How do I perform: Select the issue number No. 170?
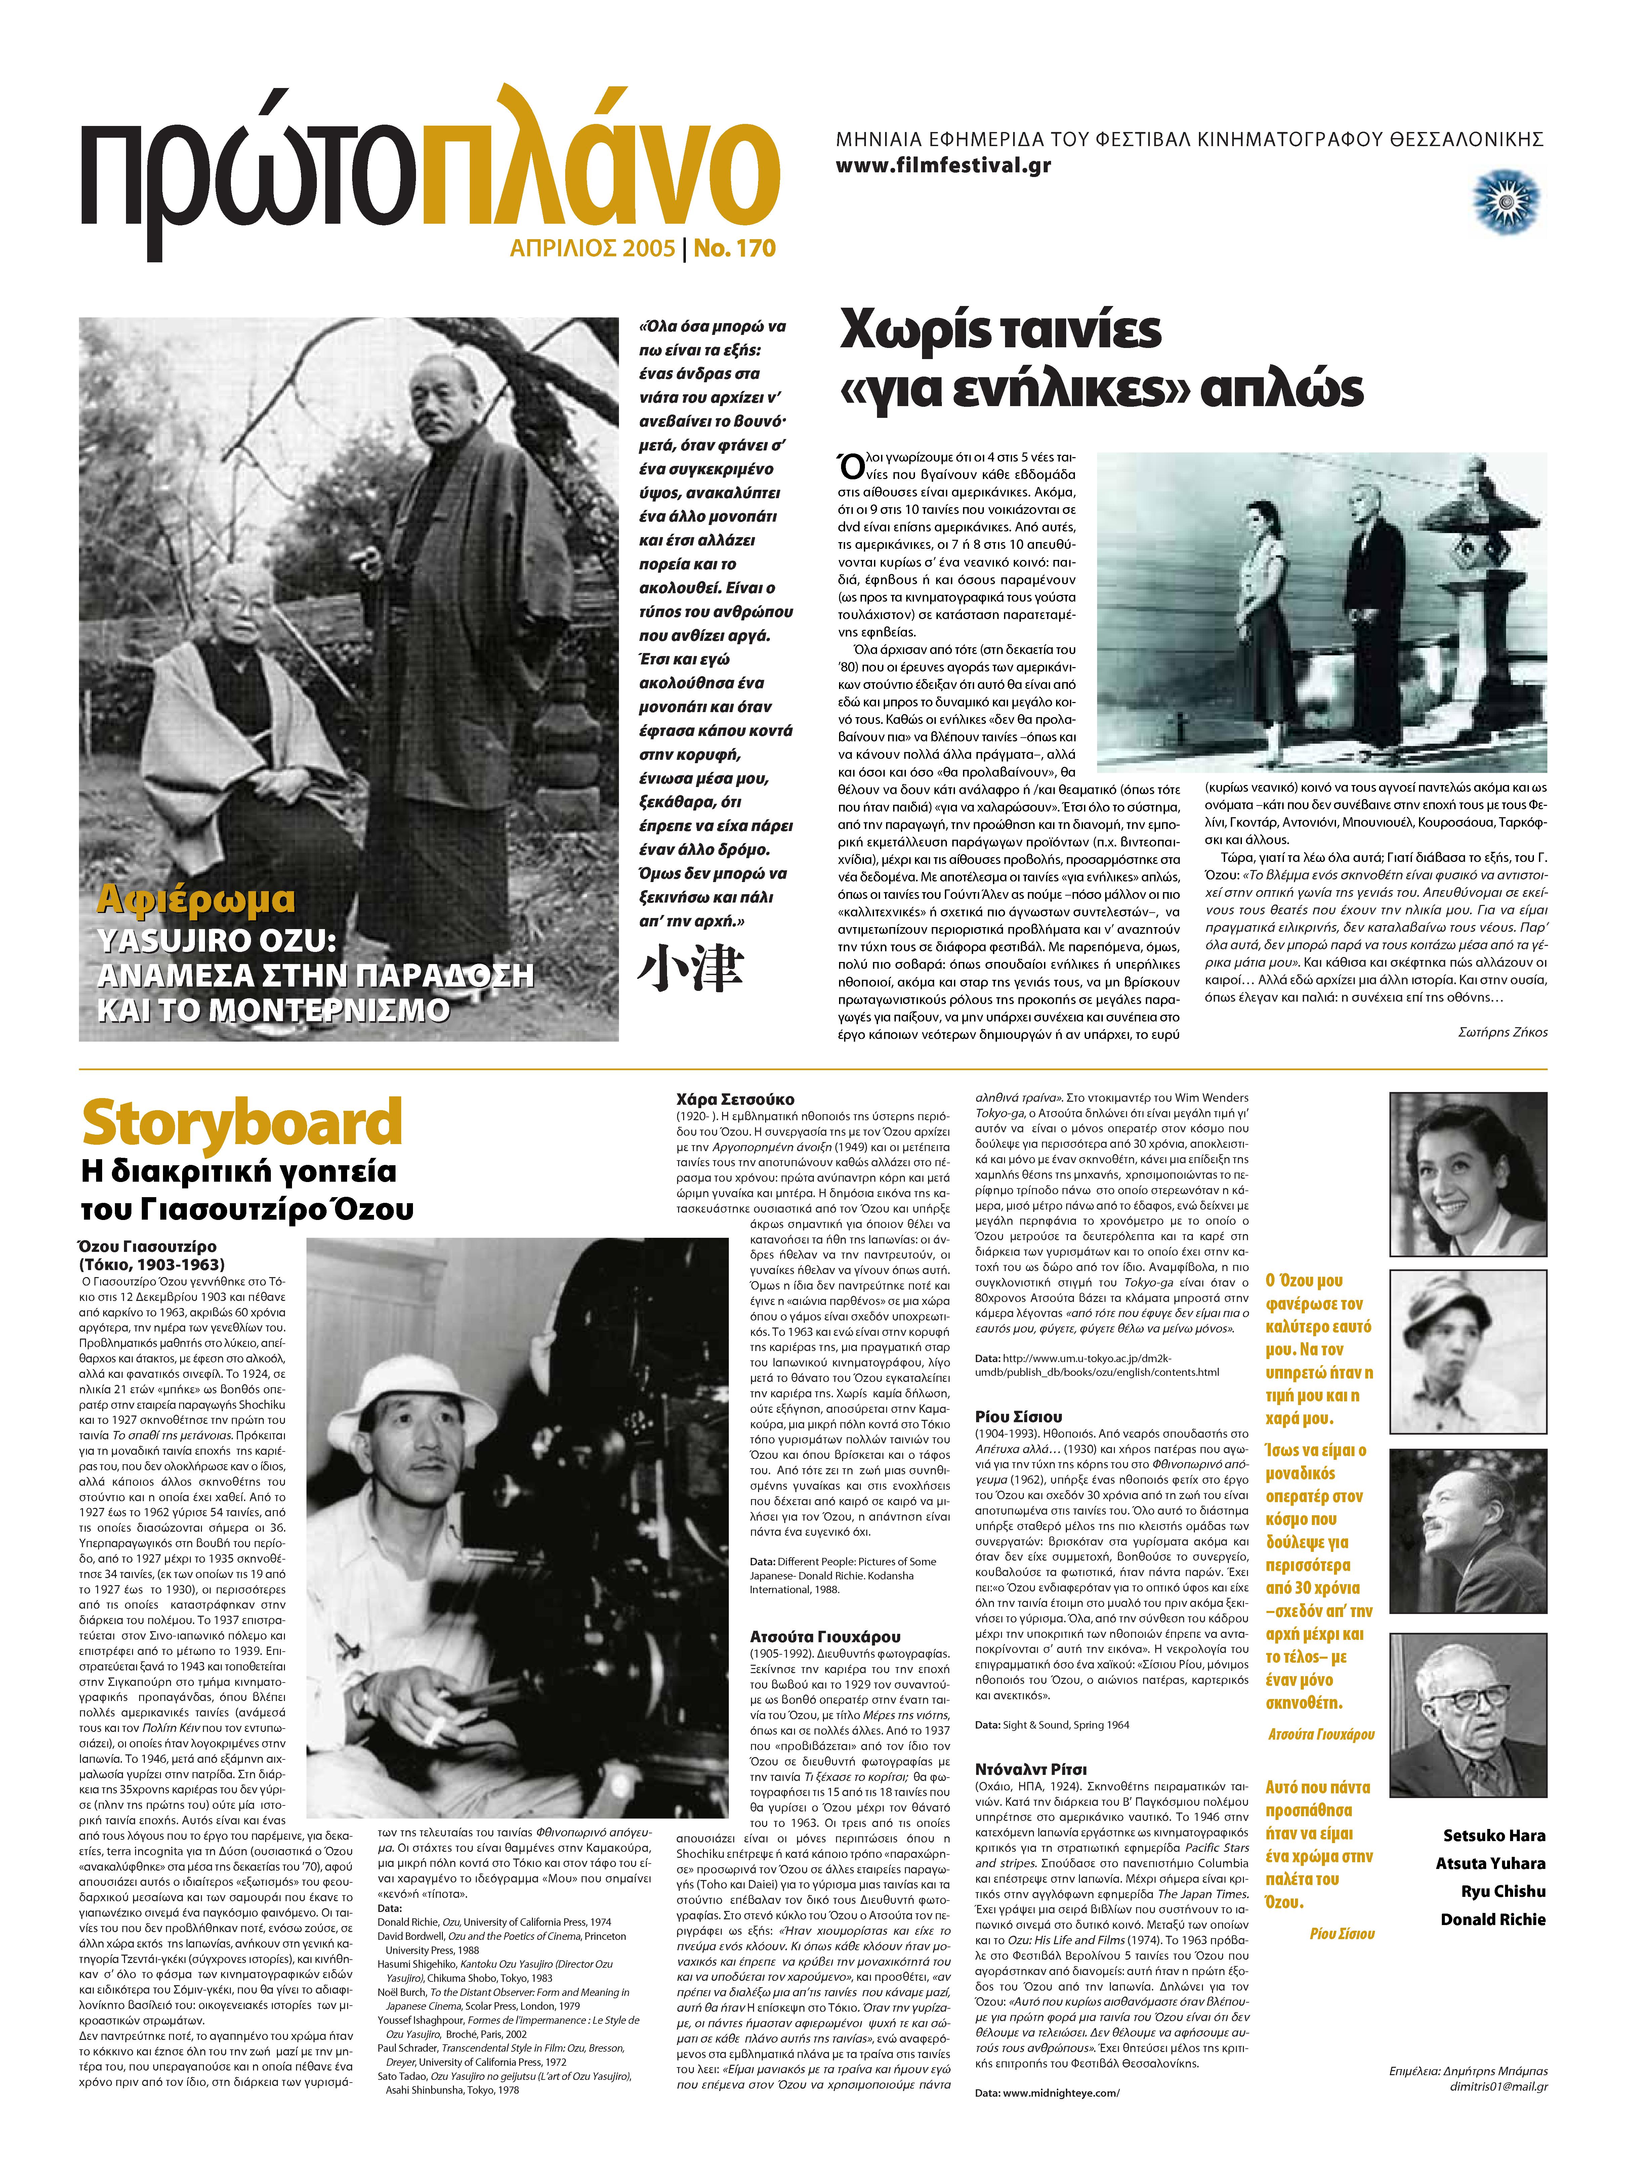[735, 248]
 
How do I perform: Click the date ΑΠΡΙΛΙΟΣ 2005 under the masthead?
[592, 248]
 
